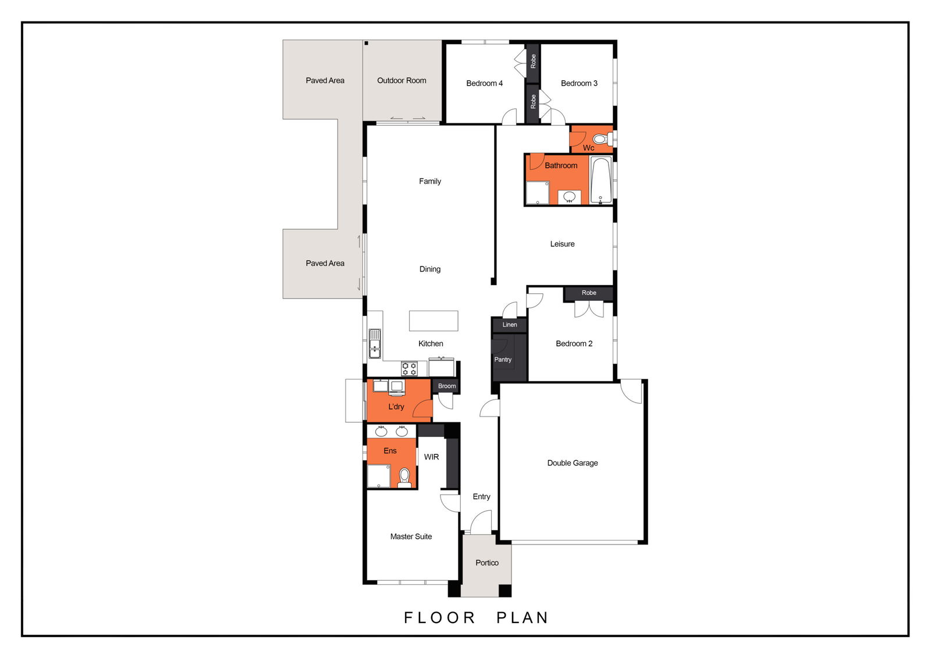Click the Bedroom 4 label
click(484, 84)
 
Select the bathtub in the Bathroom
click(600, 180)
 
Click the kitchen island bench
click(433, 321)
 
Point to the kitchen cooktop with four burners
click(409, 369)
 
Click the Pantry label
click(503, 360)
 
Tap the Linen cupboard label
click(510, 325)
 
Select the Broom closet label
click(447, 386)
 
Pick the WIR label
click(431, 457)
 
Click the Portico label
click(486, 563)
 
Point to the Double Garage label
click(573, 463)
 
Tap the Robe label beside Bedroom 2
click(589, 293)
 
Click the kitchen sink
click(375, 344)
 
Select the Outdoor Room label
click(401, 81)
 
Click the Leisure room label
click(562, 244)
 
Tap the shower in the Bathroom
click(538, 193)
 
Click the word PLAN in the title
click(523, 618)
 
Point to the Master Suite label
click(411, 536)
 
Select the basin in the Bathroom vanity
click(570, 197)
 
